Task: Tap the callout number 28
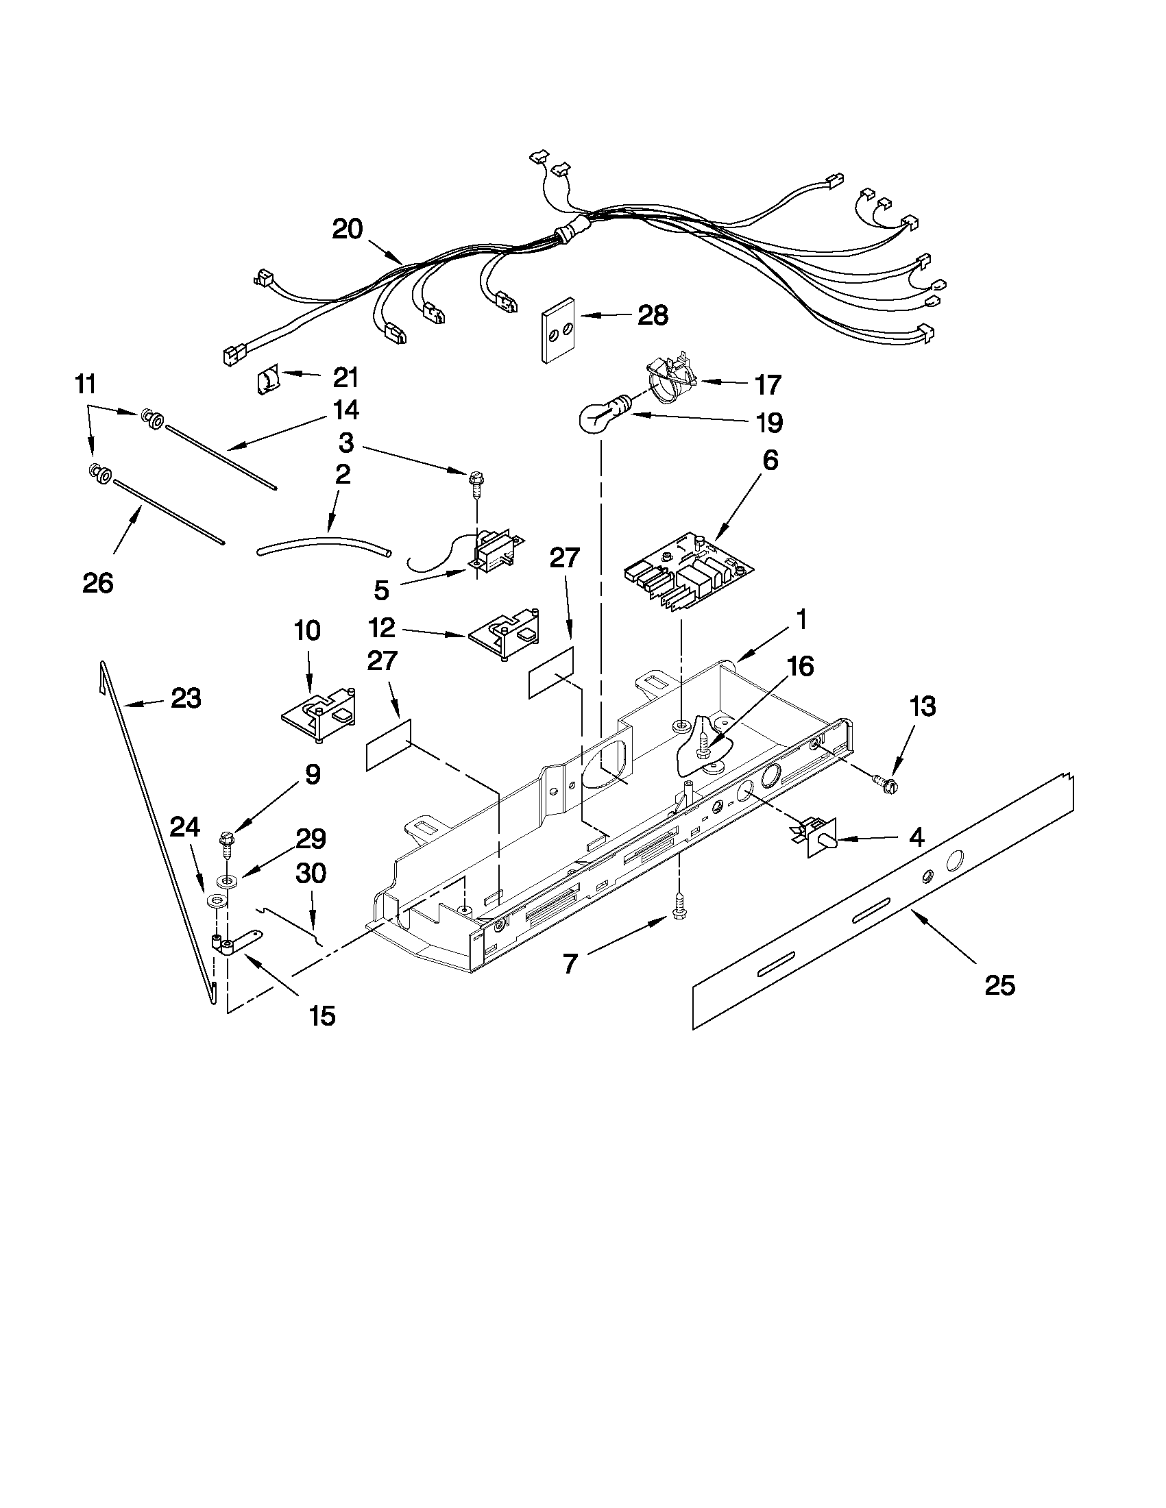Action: (x=653, y=316)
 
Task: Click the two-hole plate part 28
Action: (x=557, y=330)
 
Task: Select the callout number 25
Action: (x=999, y=985)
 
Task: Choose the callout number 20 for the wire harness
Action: (x=347, y=230)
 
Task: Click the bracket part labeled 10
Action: (x=320, y=716)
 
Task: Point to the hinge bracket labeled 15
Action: (x=234, y=943)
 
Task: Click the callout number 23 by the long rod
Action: (x=186, y=699)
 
